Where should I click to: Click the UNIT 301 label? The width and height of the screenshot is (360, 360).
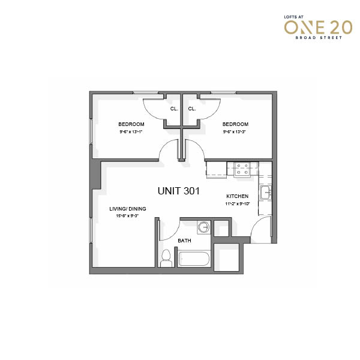tap(179, 191)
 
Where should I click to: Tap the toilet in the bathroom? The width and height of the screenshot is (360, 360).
tap(166, 258)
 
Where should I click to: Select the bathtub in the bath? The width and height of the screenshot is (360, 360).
tap(194, 259)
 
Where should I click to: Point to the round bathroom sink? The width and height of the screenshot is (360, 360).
tap(204, 227)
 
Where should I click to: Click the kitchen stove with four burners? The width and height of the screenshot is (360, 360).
tap(242, 169)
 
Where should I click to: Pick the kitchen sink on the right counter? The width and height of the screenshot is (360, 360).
tap(266, 193)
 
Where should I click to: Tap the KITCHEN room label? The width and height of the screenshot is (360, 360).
tap(238, 196)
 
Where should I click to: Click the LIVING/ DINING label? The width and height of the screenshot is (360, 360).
tap(128, 209)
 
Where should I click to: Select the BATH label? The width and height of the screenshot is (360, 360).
tap(184, 241)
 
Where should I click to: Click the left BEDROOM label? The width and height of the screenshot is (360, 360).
tap(131, 124)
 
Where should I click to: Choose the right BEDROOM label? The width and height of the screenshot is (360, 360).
tap(235, 124)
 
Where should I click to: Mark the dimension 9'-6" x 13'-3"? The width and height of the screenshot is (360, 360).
tap(235, 132)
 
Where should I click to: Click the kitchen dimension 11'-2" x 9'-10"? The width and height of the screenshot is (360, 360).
tap(238, 203)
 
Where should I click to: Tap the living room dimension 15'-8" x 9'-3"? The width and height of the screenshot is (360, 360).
tap(127, 216)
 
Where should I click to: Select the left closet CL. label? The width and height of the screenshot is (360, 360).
tap(174, 109)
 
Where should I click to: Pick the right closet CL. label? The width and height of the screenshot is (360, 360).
tap(192, 109)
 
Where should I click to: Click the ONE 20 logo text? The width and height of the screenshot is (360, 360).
tap(318, 28)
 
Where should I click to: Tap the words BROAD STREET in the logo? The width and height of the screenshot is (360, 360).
tap(319, 38)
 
